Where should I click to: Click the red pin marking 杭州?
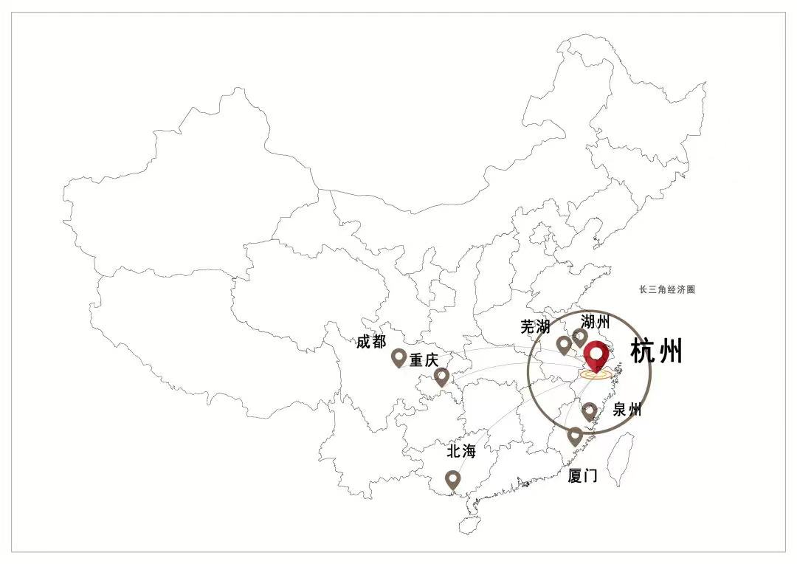[596, 356]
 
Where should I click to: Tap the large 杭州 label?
[656, 352]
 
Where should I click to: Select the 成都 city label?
[371, 342]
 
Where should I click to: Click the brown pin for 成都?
[399, 358]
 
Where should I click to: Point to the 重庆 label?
[424, 360]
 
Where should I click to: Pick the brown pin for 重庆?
[441, 377]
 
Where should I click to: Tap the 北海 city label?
[462, 451]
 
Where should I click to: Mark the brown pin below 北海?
[453, 480]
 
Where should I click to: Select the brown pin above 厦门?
[575, 436]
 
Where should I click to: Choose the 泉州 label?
[627, 410]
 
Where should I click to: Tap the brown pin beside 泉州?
[589, 411]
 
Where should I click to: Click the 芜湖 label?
[535, 327]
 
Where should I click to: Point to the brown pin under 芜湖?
[564, 345]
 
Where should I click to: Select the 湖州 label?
[595, 321]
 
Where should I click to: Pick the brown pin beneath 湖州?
[580, 338]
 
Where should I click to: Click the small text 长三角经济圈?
[667, 290]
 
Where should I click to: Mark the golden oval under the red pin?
[595, 374]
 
